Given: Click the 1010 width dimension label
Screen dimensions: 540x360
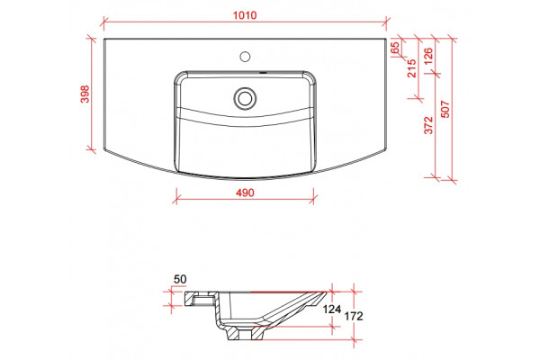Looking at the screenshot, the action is click(245, 15).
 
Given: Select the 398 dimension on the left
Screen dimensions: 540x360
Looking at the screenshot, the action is click(85, 94).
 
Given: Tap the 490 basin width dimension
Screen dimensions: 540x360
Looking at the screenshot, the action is click(245, 193).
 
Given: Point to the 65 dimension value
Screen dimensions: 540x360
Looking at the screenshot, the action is click(395, 47).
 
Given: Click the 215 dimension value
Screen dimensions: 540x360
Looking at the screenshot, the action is click(412, 68).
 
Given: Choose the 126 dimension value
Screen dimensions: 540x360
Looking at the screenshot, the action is click(428, 56).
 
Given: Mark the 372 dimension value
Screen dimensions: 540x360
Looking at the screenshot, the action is click(428, 125).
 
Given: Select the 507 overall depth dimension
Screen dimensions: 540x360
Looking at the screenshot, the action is click(445, 109).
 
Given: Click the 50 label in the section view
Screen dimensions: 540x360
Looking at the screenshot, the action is click(180, 279).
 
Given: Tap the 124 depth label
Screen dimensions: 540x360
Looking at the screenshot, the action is click(331, 310).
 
